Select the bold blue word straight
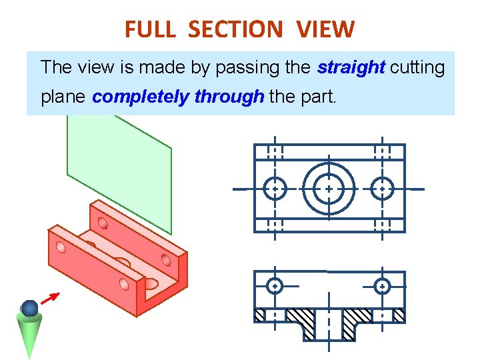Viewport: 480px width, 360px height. [351, 67]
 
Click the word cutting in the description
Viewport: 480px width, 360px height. [417, 67]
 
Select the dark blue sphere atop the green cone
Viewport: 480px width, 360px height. [29, 308]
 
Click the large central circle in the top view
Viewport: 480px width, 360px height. [329, 189]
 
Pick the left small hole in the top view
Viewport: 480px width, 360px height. [275, 189]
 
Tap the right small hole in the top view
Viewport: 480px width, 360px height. [382, 189]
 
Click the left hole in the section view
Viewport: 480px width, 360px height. [275, 287]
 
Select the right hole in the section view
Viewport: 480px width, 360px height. [382, 287]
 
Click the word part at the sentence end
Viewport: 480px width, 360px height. [320, 97]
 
